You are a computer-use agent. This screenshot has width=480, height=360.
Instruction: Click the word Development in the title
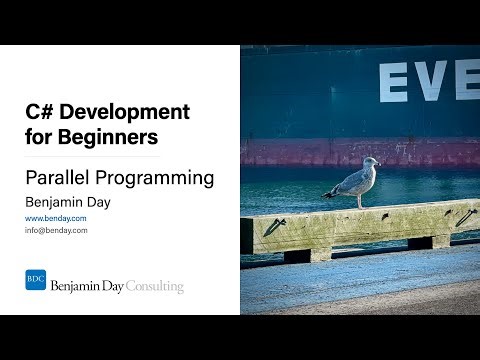pyautogui.click(x=125, y=112)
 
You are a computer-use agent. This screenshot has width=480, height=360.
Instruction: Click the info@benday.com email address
pyautogui.click(x=56, y=230)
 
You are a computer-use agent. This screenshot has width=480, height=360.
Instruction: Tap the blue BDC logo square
pyautogui.click(x=35, y=280)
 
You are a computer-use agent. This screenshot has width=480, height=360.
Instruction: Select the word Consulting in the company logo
pyautogui.click(x=154, y=287)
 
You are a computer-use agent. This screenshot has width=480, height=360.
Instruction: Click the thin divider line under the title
pyautogui.click(x=92, y=156)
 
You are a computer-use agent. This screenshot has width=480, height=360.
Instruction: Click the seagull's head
pyautogui.click(x=371, y=162)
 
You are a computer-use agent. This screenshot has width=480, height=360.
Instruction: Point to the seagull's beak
pyautogui.click(x=379, y=164)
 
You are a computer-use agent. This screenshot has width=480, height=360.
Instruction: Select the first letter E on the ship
pyautogui.click(x=393, y=81)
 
